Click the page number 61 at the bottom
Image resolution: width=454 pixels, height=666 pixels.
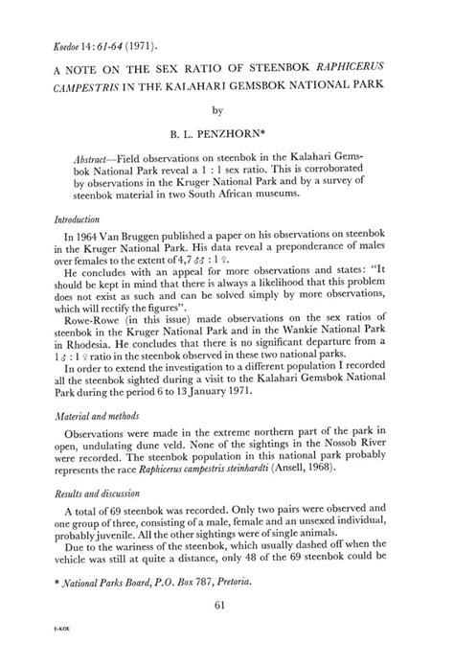tap(227, 626)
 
